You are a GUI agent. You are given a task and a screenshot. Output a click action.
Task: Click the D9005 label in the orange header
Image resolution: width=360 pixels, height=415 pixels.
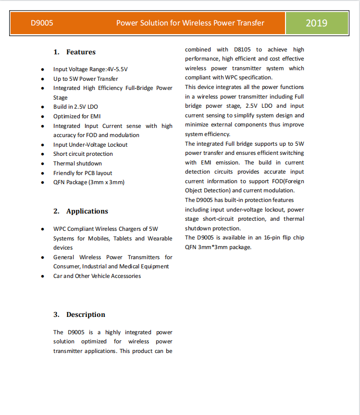coord(42,23)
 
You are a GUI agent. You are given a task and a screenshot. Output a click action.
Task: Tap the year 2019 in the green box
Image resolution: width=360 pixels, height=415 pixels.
coord(316,23)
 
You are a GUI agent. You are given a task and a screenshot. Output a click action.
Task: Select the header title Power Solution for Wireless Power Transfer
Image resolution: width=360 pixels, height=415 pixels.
coord(190,23)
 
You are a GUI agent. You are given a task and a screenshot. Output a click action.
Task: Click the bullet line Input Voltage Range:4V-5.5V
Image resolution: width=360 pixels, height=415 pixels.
coord(90,69)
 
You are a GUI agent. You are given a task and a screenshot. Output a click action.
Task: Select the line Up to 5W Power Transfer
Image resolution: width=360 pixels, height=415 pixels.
coord(86,78)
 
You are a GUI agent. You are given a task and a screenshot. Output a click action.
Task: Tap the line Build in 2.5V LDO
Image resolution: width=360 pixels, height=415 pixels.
coord(75,107)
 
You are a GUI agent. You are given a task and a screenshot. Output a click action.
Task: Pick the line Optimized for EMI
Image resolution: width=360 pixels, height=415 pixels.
coord(77,116)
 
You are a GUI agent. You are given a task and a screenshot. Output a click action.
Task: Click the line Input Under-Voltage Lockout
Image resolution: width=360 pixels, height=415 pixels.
coord(90,144)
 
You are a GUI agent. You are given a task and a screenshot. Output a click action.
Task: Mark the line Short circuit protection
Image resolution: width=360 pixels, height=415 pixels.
coord(83,154)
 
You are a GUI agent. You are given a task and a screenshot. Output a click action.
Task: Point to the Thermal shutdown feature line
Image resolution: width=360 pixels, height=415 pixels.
coord(77,163)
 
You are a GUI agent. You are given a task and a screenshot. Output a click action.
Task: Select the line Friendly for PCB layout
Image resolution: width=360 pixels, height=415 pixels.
coord(83,173)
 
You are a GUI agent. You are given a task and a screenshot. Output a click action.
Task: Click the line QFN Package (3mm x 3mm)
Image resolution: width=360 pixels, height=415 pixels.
coord(89,182)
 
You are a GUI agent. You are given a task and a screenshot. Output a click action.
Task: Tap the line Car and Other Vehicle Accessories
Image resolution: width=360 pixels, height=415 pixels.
coord(97,276)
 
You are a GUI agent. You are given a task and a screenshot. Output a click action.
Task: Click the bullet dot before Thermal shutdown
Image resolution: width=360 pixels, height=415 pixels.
coord(43,163)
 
